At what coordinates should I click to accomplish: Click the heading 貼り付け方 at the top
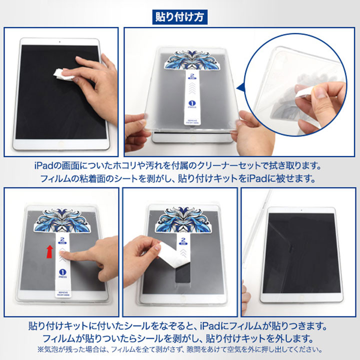click(x=179, y=16)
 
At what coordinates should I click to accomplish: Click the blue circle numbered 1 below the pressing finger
click(x=62, y=272)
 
